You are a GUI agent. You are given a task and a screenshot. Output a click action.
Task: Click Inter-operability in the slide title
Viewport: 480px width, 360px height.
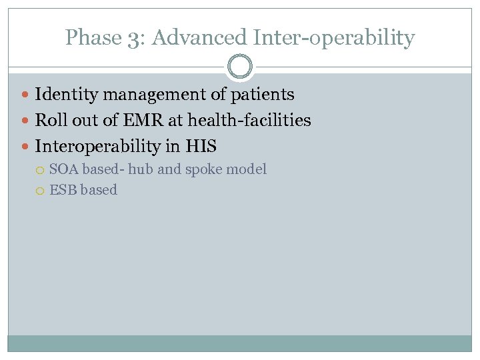pos(332,39)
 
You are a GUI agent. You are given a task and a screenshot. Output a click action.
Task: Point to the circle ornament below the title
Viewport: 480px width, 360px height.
pos(240,67)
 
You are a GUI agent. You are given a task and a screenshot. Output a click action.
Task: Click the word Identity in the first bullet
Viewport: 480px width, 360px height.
pos(62,95)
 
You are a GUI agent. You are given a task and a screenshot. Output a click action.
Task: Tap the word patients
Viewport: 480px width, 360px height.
pos(262,95)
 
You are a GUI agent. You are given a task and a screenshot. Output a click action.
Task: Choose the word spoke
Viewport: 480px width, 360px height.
pos(205,170)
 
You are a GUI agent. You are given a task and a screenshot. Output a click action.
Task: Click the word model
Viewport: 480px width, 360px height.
pos(247,169)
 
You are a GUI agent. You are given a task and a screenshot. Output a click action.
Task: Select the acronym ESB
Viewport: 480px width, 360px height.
pos(63,190)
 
